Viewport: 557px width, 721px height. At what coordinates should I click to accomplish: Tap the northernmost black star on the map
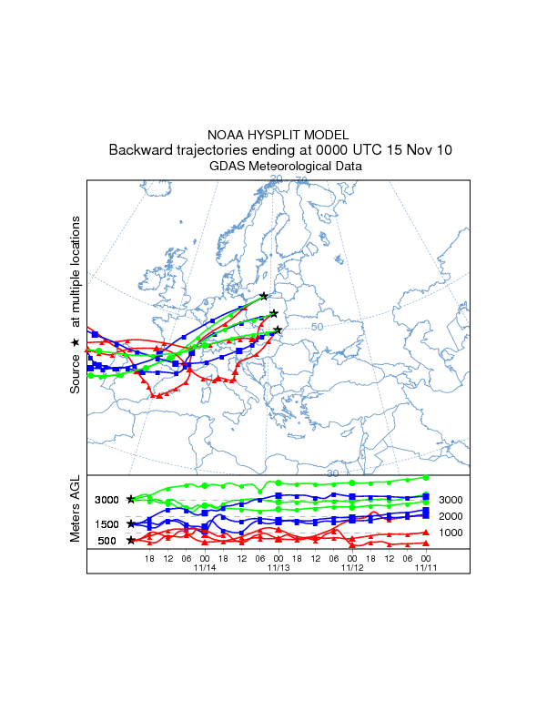(x=264, y=296)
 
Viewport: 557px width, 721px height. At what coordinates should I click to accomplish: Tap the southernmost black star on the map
(x=278, y=330)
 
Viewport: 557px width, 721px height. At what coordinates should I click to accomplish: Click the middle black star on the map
(x=274, y=314)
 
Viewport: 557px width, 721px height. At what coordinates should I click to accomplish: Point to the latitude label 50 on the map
(x=318, y=327)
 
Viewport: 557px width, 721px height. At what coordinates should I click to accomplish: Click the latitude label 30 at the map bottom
(x=333, y=473)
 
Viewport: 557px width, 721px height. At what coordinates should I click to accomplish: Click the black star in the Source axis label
(x=76, y=342)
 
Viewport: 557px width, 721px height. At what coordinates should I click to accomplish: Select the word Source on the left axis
(x=76, y=374)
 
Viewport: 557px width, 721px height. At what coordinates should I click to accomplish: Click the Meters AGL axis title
(x=76, y=511)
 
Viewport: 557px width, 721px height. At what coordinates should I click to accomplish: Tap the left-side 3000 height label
(x=107, y=500)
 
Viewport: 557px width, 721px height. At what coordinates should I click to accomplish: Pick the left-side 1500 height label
(x=107, y=524)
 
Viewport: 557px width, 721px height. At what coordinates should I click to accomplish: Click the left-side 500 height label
(x=107, y=541)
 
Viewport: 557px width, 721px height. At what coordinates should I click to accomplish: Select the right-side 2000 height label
(x=451, y=516)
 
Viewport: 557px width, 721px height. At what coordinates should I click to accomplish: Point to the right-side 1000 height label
(x=451, y=533)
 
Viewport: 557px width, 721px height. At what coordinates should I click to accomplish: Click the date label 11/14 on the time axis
(x=205, y=567)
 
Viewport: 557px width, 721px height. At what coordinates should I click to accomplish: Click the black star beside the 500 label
(x=131, y=541)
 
